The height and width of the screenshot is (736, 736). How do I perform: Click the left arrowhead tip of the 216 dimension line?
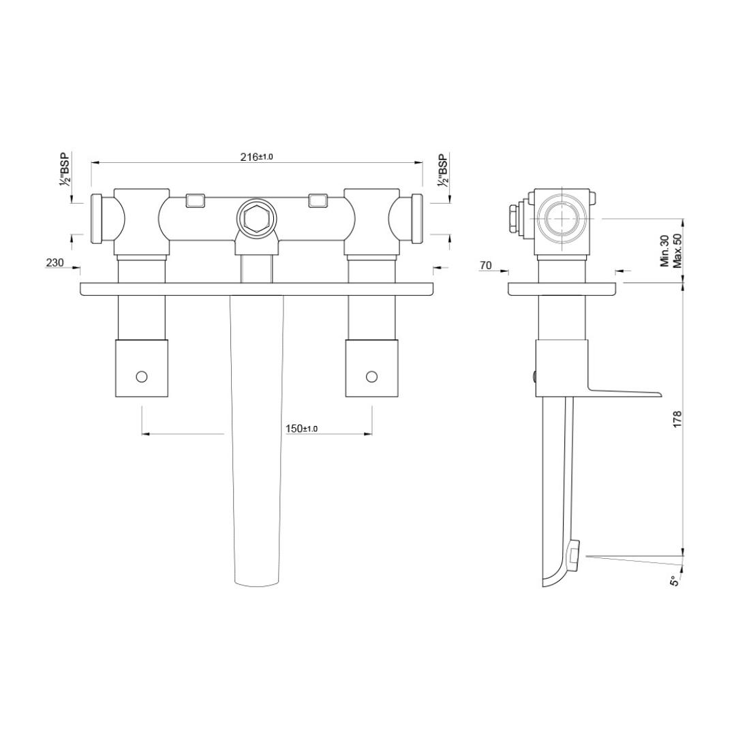point(91,163)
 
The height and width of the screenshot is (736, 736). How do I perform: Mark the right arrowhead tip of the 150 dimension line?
point(372,434)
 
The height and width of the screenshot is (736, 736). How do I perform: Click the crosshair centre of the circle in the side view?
point(562,218)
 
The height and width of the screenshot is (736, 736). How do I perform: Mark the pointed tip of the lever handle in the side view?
point(661,395)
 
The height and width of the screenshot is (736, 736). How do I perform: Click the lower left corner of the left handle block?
point(115,397)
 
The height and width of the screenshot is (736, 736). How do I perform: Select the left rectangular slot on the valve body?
point(196,201)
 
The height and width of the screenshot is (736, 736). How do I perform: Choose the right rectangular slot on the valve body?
point(318,201)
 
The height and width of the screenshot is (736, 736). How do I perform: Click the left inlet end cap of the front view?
point(96,218)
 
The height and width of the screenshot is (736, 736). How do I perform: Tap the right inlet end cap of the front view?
point(417,218)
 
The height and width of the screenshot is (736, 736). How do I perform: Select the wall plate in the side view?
point(562,289)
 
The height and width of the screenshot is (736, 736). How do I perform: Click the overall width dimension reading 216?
point(256,157)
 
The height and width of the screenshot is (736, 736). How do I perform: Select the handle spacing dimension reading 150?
point(301,429)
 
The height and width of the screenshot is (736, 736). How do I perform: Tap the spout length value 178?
point(677,418)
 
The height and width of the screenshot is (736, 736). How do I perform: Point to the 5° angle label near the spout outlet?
point(675,581)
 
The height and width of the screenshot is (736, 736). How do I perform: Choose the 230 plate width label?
point(55,263)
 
